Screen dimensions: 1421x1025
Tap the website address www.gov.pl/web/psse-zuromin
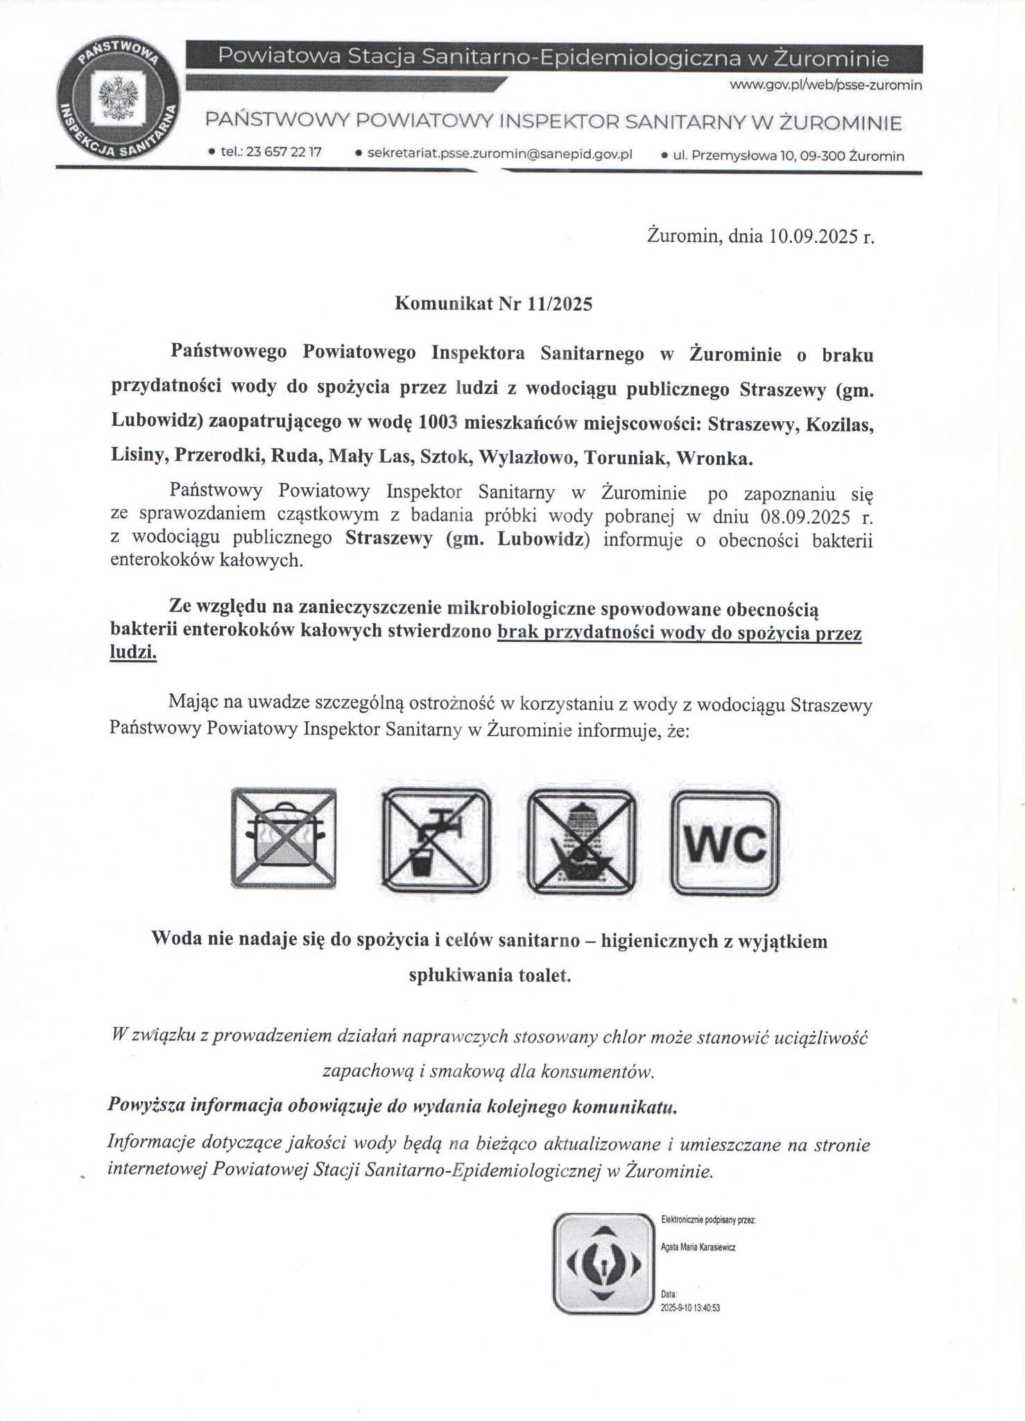[825, 85]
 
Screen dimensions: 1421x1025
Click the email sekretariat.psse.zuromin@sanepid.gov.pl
[499, 153]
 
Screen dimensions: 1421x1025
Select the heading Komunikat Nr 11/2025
[493, 304]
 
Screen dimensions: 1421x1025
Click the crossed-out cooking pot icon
[284, 838]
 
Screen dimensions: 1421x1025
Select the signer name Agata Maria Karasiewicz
[698, 1247]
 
